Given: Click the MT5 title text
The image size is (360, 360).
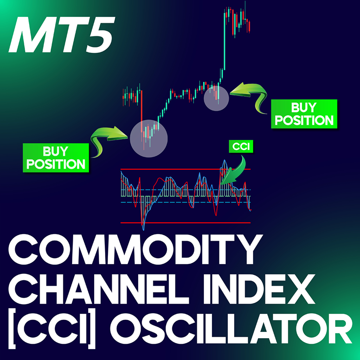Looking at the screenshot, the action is (62, 34).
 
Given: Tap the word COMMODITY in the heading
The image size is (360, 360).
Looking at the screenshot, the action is (135, 250).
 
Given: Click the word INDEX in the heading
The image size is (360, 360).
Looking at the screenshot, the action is (259, 289).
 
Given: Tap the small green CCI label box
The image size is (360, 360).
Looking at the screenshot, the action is (241, 146).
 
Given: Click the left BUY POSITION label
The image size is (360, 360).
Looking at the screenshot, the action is (56, 158).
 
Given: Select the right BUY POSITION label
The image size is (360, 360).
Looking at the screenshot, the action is (304, 114).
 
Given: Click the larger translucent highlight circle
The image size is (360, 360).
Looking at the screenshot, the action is (149, 139).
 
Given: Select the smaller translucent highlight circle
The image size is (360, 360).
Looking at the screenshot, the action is (216, 98).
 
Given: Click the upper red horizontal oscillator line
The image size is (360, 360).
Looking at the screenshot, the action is (186, 169).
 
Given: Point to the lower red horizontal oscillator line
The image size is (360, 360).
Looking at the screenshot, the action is (186, 223).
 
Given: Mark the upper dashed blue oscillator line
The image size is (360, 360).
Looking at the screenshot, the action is (186, 190).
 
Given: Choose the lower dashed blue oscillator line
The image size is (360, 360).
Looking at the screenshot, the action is (186, 202).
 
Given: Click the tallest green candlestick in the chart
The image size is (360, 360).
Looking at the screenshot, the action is (225, 41).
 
